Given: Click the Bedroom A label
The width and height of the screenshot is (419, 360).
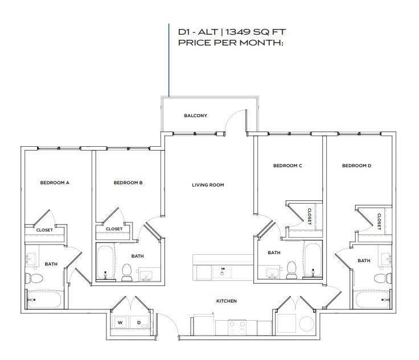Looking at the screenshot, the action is tap(55, 183).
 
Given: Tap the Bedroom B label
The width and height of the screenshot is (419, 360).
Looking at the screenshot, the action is tap(128, 183).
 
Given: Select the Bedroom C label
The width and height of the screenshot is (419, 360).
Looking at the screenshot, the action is tap(287, 165).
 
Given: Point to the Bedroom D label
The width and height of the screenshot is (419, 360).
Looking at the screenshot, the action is tap(357, 165).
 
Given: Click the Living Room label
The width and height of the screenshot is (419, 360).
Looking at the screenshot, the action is tap(208, 185).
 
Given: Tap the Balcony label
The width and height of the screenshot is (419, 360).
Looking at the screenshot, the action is tap(196, 115).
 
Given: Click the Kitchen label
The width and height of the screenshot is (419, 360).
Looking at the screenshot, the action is tap(227, 301).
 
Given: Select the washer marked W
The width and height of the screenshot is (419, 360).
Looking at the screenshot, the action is tap(120, 322).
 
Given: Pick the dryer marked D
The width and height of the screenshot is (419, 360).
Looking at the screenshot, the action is tap(139, 322).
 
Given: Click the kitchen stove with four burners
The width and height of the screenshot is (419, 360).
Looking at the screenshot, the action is tap(237, 328).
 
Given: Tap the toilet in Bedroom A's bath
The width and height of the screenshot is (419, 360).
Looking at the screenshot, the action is tap(34, 278).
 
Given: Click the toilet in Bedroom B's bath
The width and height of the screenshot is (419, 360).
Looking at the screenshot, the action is tap(126, 272).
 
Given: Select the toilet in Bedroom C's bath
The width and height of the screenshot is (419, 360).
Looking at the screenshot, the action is tap(291, 270).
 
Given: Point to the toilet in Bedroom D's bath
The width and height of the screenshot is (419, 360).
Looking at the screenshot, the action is tap(383, 279).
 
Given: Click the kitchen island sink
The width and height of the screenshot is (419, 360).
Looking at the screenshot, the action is tap(222, 272).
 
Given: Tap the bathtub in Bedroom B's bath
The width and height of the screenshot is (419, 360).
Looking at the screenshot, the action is tap(105, 263).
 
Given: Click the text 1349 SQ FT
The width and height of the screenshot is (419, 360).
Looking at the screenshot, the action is tap(256, 32).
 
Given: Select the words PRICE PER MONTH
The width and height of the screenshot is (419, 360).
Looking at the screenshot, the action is tap(231, 43).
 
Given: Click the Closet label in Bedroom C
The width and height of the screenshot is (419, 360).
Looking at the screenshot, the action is tap(310, 217).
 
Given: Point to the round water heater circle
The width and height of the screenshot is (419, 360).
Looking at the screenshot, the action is tap(306, 324).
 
